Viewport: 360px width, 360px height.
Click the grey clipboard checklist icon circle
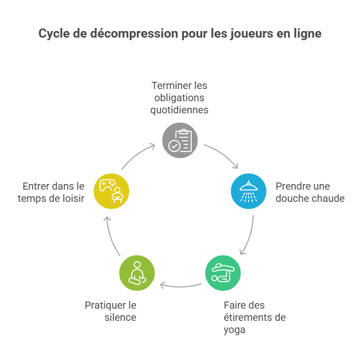180,140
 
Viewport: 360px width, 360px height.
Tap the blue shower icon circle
248,191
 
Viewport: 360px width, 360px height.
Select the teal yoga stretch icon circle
223,273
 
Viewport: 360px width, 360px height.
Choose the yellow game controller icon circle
111,191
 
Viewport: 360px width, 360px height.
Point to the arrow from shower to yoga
248,234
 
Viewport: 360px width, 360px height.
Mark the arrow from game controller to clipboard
138,156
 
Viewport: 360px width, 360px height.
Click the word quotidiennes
179,110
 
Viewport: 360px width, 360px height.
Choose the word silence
121,318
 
